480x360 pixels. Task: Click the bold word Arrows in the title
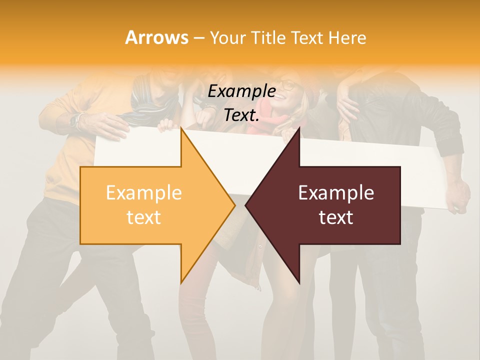pos(157,37)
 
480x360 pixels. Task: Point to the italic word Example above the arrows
pos(241,91)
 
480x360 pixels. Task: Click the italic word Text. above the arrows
pos(241,115)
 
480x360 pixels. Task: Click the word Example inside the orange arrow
pos(144,193)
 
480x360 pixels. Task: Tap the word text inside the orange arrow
pos(144,217)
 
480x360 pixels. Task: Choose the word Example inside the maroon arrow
pos(336,193)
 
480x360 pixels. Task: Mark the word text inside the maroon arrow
pos(336,217)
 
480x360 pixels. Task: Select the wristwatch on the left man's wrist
pos(75,120)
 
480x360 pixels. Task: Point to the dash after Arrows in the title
pos(198,38)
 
